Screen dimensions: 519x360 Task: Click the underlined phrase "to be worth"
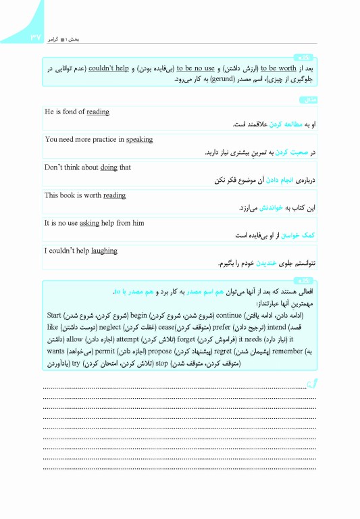(x=278, y=68)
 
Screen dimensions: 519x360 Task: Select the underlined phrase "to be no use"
(x=195, y=68)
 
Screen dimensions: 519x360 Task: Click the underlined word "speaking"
(x=139, y=140)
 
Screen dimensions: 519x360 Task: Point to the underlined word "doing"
(x=108, y=167)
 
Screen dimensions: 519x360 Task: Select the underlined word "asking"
(x=89, y=222)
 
